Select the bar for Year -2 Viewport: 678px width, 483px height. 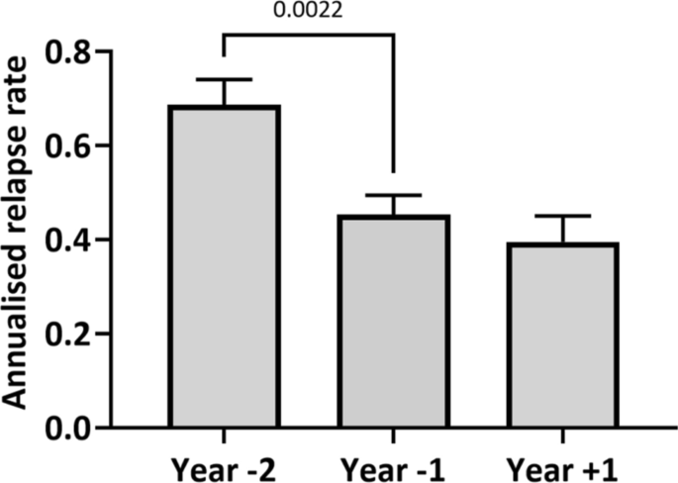(225, 267)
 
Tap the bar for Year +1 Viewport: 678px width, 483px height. (563, 336)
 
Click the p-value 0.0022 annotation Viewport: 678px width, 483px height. (309, 13)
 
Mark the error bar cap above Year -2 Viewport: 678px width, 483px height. (225, 79)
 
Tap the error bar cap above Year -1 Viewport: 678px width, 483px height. (395, 196)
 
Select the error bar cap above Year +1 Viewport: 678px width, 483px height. (563, 216)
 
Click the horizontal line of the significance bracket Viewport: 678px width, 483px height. (309, 36)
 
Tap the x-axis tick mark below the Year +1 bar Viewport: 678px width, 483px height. (563, 437)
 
